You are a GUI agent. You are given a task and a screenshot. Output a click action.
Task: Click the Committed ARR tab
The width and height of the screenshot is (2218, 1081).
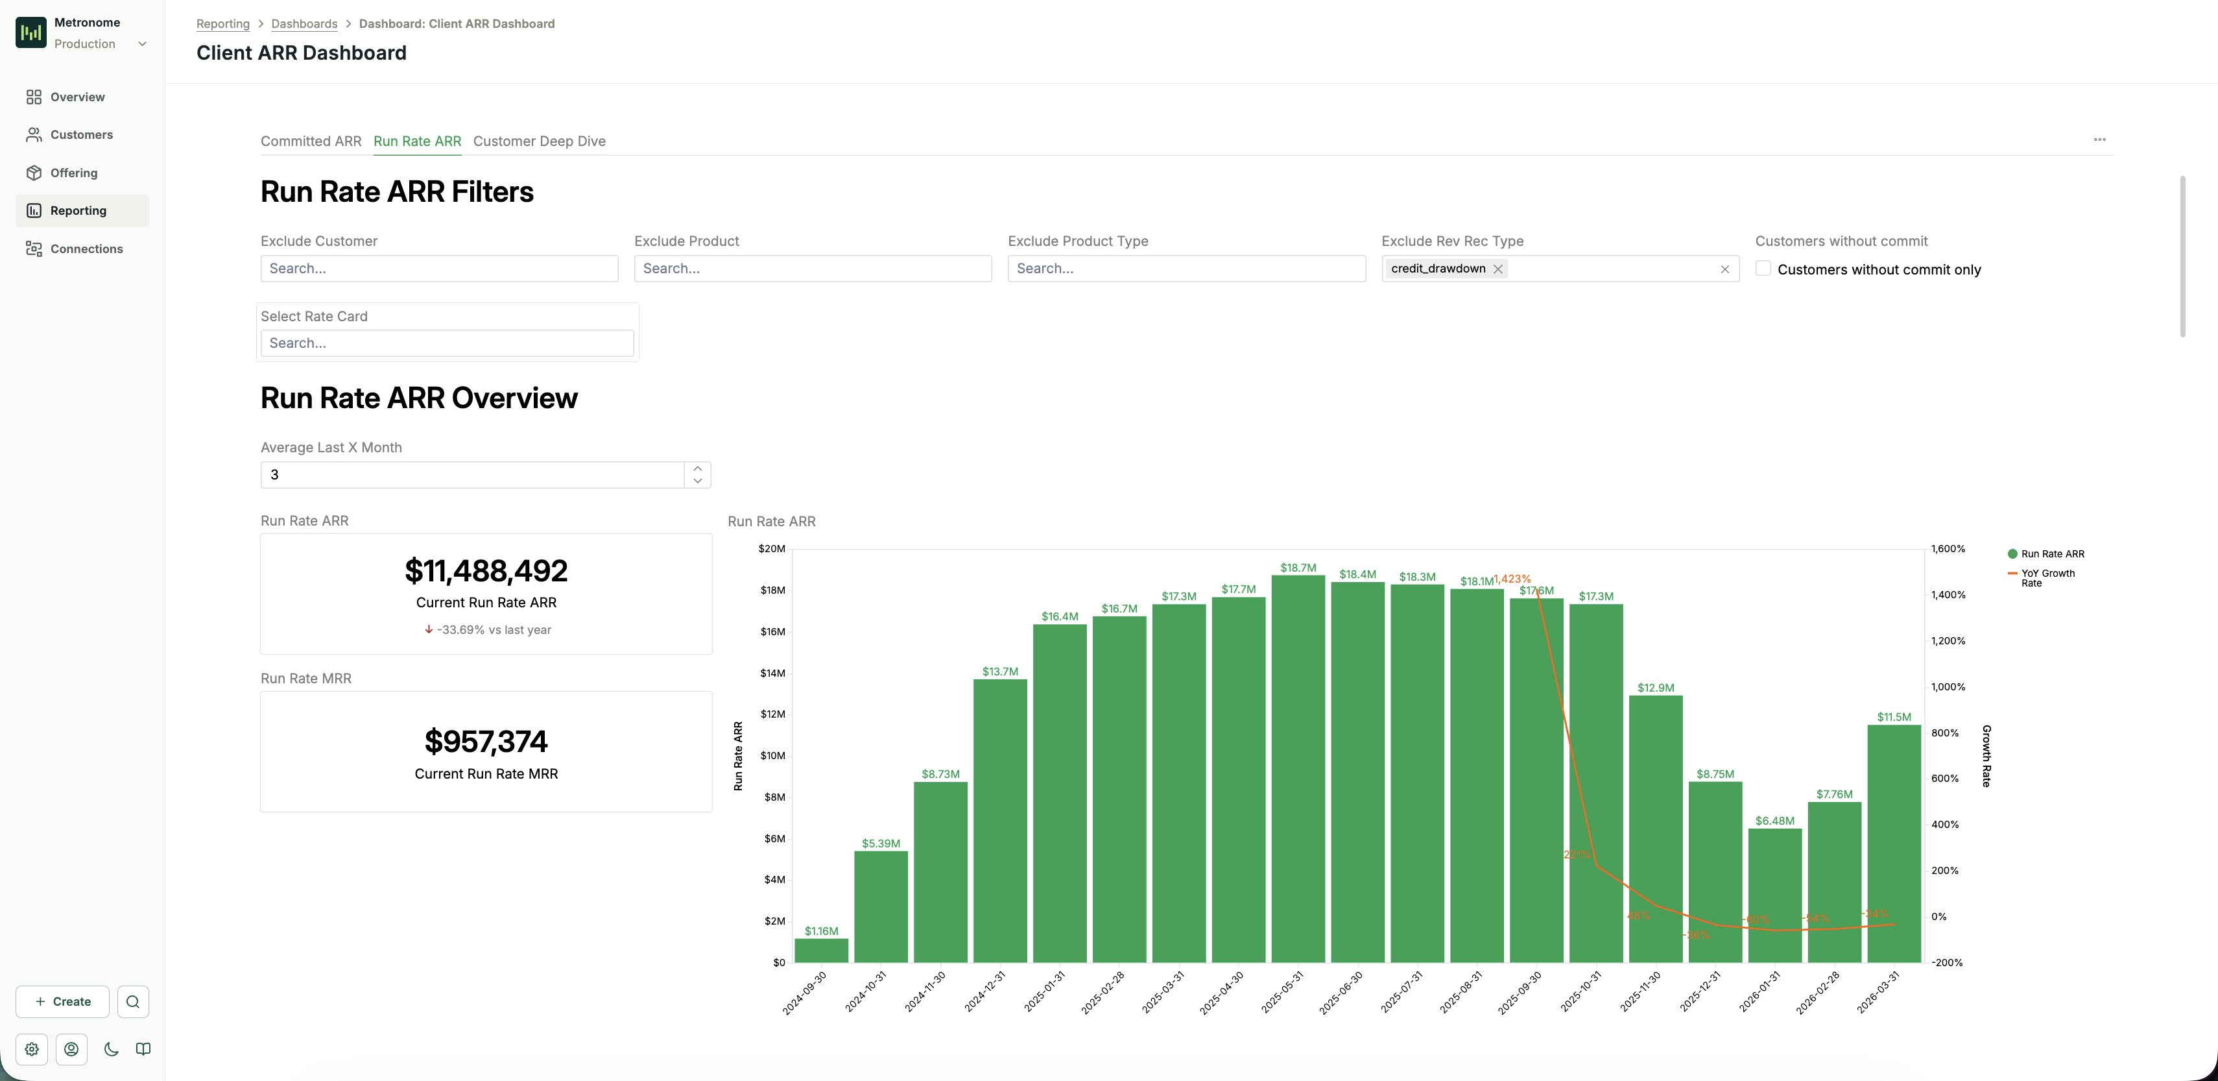point(311,141)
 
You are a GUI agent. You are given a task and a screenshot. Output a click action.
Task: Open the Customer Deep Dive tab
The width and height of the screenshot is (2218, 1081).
point(539,141)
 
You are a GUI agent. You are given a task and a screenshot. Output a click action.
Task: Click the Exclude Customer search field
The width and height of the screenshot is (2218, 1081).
point(439,269)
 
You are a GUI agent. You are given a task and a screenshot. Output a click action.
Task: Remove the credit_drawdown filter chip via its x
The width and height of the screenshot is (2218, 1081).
point(1498,269)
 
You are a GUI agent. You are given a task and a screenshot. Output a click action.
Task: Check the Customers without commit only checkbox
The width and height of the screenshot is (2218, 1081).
point(1763,269)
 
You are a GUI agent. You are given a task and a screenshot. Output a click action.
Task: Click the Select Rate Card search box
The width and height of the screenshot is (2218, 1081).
point(447,343)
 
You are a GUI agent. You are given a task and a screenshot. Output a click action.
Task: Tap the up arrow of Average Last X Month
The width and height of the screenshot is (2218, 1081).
point(697,468)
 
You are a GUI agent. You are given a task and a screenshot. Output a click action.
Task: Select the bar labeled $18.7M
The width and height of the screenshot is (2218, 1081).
point(1298,766)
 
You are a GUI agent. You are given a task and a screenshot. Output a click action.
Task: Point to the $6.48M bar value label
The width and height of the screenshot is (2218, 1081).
point(1774,821)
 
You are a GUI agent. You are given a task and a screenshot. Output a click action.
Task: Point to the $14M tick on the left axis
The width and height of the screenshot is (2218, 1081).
point(772,673)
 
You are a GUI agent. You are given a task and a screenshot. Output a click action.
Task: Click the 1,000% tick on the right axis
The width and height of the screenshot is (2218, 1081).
point(1948,686)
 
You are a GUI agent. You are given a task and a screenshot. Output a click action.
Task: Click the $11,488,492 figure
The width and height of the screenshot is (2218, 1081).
point(486,571)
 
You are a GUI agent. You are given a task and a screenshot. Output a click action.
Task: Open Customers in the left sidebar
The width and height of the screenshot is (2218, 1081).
point(81,134)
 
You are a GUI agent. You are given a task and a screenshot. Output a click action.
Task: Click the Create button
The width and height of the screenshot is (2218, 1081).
point(62,1002)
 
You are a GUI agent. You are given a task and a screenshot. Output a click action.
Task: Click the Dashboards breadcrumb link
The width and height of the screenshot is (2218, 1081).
point(304,24)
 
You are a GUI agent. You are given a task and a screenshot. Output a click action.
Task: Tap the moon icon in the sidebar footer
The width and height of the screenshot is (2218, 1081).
point(111,1049)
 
